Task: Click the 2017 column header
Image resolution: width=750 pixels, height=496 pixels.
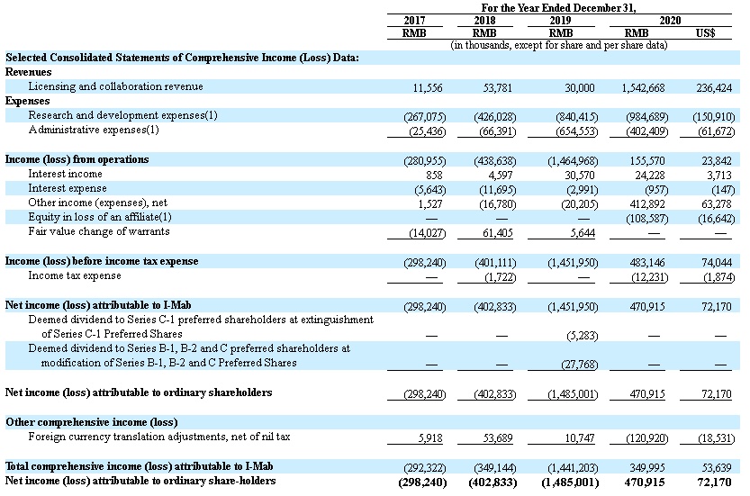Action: pyautogui.click(x=414, y=20)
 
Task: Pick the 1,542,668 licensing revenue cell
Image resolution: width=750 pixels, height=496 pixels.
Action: pyautogui.click(x=643, y=87)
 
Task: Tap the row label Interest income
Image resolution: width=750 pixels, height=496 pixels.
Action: pyautogui.click(x=65, y=174)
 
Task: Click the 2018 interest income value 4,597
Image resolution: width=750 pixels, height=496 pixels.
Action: pyautogui.click(x=501, y=174)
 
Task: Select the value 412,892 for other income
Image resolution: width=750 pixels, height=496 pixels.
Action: pyautogui.click(x=646, y=203)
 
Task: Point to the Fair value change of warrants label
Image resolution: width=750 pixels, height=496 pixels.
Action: pyautogui.click(x=99, y=231)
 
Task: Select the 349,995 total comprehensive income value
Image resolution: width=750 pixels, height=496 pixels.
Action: pyautogui.click(x=646, y=467)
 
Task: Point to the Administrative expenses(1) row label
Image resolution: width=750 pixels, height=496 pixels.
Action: pyautogui.click(x=94, y=130)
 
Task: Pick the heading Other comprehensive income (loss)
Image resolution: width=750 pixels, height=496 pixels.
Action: pyautogui.click(x=92, y=422)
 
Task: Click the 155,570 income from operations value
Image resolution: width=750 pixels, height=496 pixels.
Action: pyautogui.click(x=646, y=159)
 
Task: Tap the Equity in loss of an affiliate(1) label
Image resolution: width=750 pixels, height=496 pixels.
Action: pyautogui.click(x=100, y=217)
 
